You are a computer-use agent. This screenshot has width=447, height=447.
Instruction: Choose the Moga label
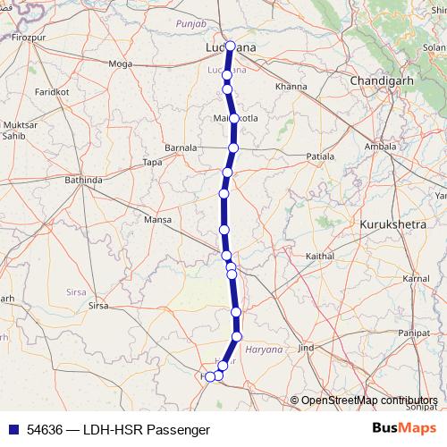[120, 63]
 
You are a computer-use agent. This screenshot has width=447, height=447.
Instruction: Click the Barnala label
[181, 148]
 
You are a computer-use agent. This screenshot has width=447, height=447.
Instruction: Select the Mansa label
[156, 219]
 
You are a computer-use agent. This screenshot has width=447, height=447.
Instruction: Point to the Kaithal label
[319, 257]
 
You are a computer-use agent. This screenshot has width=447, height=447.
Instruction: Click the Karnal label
[415, 280]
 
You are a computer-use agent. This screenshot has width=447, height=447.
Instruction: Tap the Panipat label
[426, 333]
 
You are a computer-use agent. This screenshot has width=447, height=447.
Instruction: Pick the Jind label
[307, 347]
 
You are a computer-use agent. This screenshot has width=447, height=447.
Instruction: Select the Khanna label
[291, 87]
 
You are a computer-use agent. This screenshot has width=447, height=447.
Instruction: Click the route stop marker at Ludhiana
[231, 46]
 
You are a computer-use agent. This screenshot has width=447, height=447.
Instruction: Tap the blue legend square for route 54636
[12, 429]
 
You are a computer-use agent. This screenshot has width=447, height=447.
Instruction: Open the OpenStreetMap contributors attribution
[368, 401]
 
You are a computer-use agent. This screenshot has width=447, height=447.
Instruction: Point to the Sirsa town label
[97, 306]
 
